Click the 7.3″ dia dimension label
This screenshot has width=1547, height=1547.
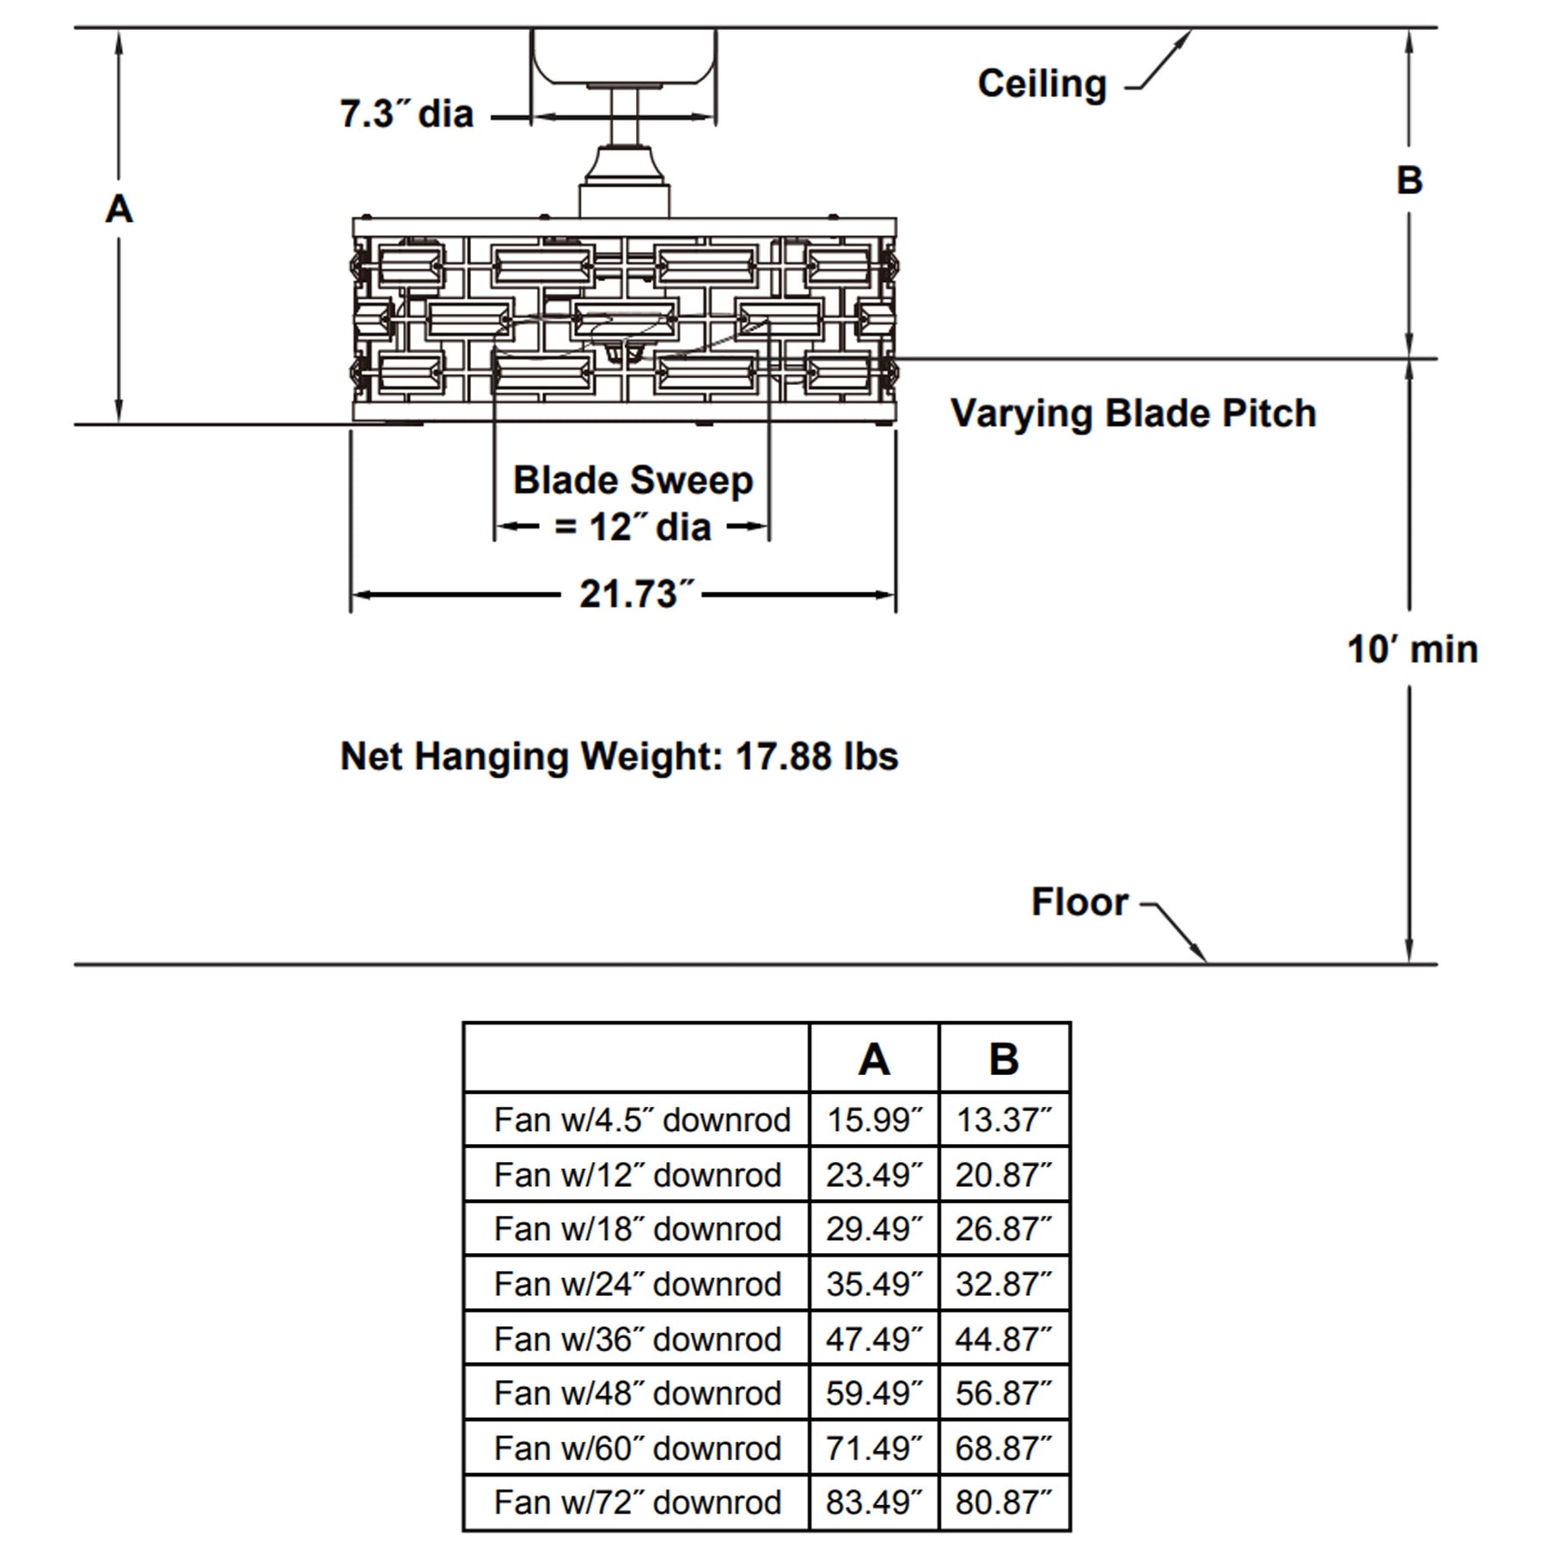coord(407,113)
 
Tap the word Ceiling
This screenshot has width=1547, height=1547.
coord(1042,84)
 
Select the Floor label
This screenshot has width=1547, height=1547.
coord(1079,902)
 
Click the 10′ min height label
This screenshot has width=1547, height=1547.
coord(1413,649)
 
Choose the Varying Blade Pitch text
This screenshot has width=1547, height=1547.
coord(1134,413)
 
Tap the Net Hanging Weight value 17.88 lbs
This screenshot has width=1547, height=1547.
coord(817,756)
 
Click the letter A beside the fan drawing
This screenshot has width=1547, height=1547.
coord(119,209)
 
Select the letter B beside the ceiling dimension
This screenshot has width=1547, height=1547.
coord(1409,180)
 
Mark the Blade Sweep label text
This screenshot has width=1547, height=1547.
coord(633,480)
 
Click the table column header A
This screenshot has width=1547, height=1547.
coord(874,1059)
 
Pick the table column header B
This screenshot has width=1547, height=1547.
coord(1004,1059)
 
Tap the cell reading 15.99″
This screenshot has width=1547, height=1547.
coord(874,1120)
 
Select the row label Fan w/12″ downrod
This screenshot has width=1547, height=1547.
coord(638,1175)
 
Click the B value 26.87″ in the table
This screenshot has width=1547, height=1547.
coord(1003,1229)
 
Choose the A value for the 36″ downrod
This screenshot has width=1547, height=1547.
coord(874,1339)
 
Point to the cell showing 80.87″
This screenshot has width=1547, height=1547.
coord(1003,1502)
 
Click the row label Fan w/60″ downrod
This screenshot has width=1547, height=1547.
coord(638,1448)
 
